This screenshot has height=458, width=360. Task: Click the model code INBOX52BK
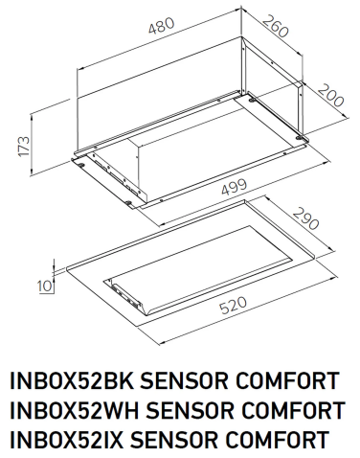pyautogui.click(x=72, y=381)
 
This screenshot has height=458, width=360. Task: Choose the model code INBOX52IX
pyautogui.click(x=69, y=441)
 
